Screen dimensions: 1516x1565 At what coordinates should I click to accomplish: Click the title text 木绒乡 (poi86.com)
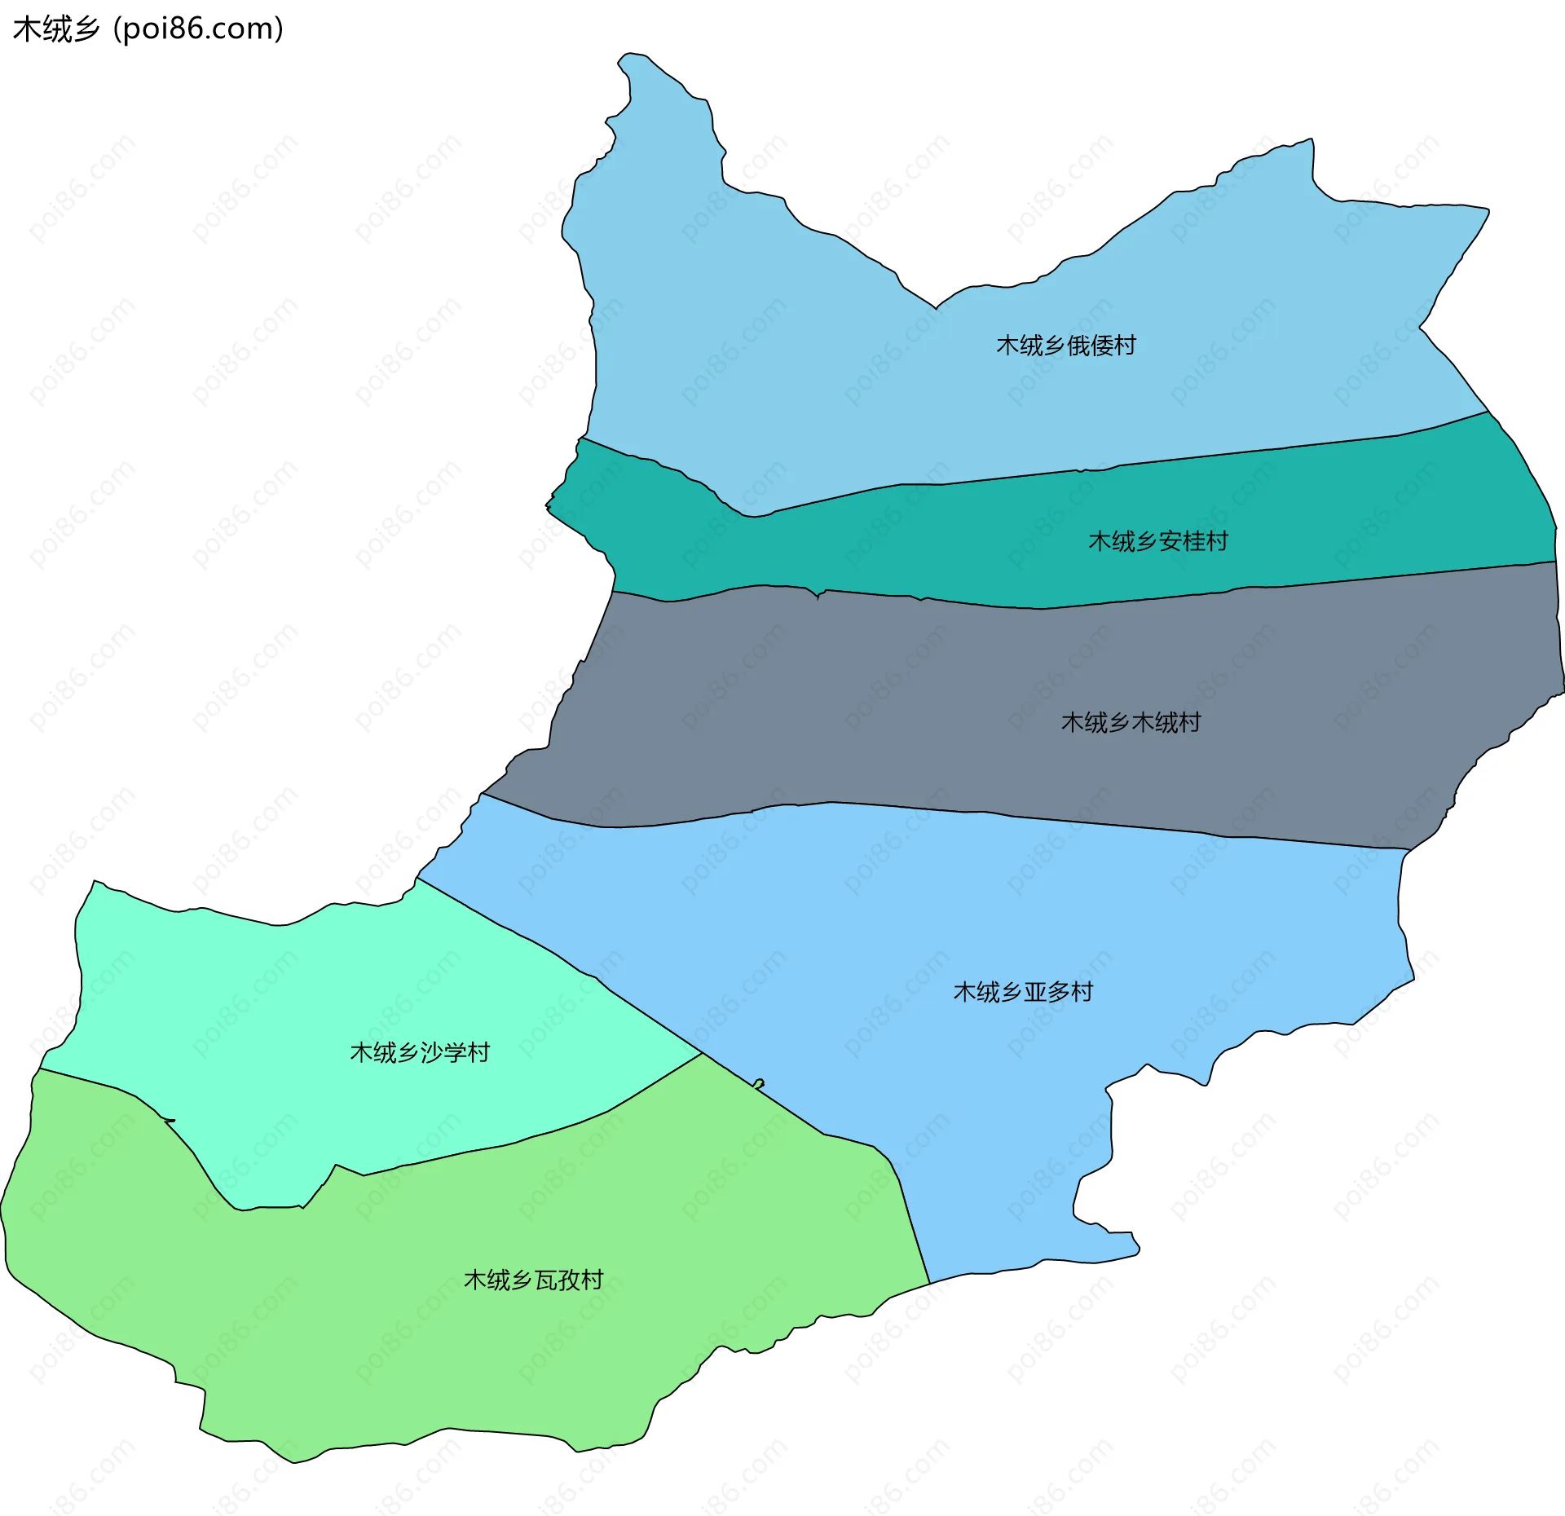point(147,29)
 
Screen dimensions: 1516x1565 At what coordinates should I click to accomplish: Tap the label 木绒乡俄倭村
point(1065,346)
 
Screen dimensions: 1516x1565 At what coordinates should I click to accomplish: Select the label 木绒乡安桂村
point(1157,541)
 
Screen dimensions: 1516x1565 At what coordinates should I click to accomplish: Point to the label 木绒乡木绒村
point(1131,722)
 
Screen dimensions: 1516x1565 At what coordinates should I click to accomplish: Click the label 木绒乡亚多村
point(1023,992)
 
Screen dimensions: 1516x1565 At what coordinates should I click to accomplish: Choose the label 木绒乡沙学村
point(420,1052)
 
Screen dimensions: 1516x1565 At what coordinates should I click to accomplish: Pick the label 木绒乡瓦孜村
point(533,1280)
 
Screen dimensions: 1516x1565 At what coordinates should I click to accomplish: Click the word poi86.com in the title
point(200,29)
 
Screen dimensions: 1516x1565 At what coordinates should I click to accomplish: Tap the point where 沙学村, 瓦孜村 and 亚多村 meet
point(703,1053)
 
